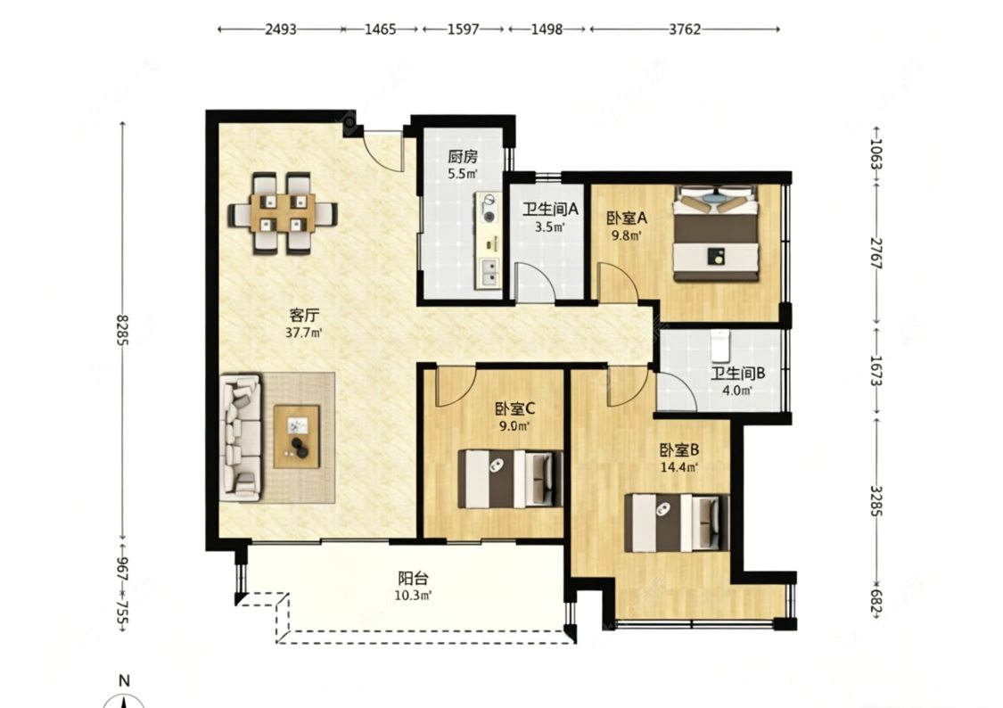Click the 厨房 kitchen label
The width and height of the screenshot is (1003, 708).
pos(462,157)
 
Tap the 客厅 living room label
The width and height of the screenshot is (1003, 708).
pos(304,316)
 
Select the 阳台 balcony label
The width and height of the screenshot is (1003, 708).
pos(413,579)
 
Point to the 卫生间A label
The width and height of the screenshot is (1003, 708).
pos(550,210)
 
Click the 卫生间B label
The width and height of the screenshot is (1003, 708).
pos(737,374)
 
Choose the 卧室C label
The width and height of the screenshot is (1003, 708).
pos(514,408)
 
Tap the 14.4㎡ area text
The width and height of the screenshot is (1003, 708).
pos(678,467)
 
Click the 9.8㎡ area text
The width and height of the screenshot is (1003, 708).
pos(626,235)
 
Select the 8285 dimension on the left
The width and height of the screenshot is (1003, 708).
pos(122,329)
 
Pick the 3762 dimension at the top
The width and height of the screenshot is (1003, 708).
pos(685,29)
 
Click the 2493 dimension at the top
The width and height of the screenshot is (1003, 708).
pos(281,29)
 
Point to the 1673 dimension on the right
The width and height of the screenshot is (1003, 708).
pos(876,371)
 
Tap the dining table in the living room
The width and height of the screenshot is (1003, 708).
pos(282,213)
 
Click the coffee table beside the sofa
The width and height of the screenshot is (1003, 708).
pos(297,436)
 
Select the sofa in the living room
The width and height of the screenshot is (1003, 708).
pos(241,438)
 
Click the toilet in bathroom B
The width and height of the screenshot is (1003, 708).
pos(721,346)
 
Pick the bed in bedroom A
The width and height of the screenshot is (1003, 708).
pos(716,234)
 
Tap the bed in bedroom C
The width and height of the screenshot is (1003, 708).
pos(511,479)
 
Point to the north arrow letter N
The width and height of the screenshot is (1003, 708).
pos(124,680)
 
